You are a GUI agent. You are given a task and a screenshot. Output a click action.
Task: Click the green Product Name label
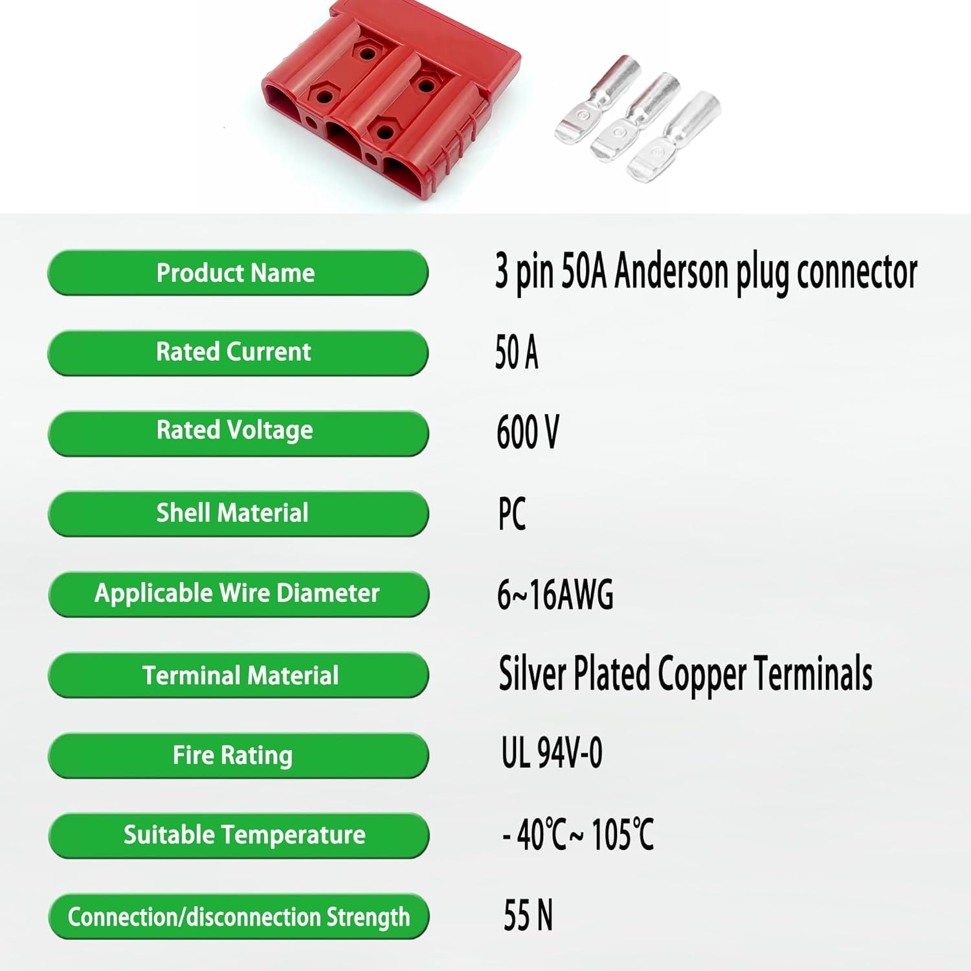[238, 273]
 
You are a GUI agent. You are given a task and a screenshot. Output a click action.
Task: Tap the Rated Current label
[238, 353]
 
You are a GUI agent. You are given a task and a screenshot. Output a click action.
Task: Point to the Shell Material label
[238, 513]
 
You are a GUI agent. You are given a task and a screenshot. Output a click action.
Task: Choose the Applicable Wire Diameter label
[238, 594]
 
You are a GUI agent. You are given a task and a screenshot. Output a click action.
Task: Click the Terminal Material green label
[238, 675]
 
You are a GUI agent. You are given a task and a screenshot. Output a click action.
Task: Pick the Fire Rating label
[238, 755]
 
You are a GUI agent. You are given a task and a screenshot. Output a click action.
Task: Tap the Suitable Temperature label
[238, 835]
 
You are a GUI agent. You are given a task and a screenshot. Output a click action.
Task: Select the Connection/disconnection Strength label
[238, 916]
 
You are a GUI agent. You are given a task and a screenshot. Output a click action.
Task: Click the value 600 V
[528, 432]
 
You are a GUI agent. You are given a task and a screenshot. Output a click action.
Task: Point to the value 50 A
[517, 352]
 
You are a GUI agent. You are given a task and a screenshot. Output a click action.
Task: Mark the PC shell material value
[512, 514]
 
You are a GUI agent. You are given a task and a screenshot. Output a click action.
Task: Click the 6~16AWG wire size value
[555, 594]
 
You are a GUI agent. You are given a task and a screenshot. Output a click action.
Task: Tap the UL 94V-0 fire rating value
[552, 752]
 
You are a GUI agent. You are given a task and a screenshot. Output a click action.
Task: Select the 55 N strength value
[528, 915]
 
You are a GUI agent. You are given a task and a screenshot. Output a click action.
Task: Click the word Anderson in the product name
[671, 271]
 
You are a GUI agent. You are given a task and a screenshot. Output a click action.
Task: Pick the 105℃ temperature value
[622, 834]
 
